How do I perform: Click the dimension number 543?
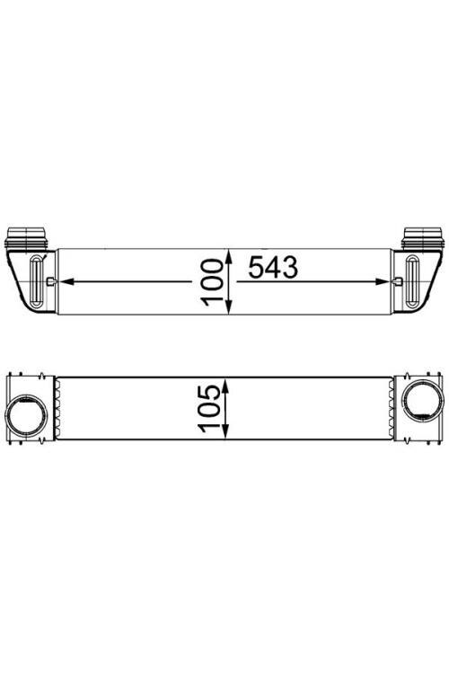coord(272,269)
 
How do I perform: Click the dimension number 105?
coord(212,411)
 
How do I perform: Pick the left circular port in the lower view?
coord(26,415)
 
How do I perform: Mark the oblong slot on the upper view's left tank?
coord(36,281)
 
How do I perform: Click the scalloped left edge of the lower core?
coord(59,410)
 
